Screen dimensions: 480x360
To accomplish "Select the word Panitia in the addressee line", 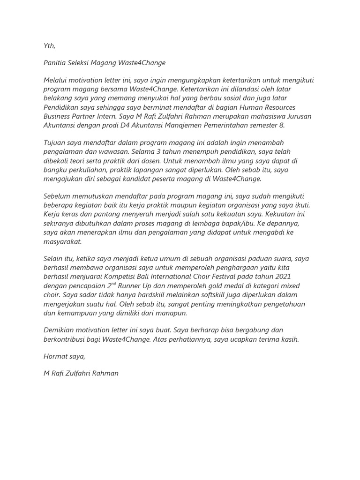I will click(x=55, y=63).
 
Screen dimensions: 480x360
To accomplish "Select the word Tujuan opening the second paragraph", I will click(x=55, y=142).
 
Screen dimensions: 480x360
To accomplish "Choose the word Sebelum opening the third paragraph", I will click(x=57, y=195).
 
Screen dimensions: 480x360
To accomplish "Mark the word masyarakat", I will click(x=62, y=241).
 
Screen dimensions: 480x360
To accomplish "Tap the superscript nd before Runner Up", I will click(x=115, y=284).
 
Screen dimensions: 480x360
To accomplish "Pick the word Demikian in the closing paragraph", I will click(x=59, y=330).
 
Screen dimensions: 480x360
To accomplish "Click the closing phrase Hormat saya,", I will click(x=64, y=356).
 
